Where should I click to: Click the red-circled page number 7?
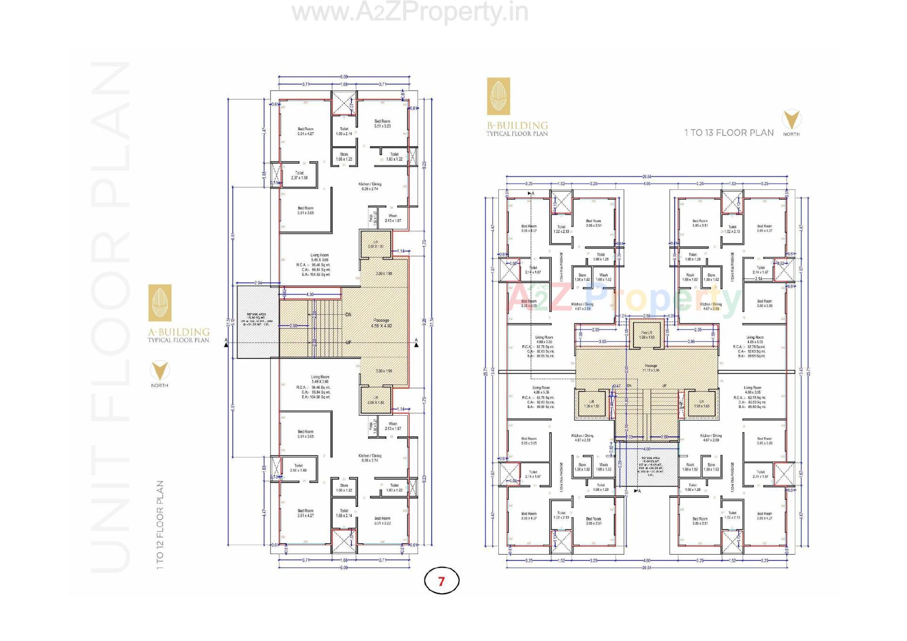click(x=441, y=581)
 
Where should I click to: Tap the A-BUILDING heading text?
click(x=179, y=332)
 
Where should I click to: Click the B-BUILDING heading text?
click(x=517, y=126)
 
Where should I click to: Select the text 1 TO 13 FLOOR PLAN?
click(x=729, y=133)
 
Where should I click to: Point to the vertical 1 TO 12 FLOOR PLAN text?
click(x=160, y=524)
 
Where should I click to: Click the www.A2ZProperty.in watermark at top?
click(x=410, y=13)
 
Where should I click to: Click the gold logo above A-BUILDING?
click(x=160, y=303)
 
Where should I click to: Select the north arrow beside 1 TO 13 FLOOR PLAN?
click(x=791, y=120)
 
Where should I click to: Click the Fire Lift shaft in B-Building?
click(x=646, y=334)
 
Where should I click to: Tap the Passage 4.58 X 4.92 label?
click(x=381, y=323)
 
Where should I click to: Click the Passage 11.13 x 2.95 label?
click(x=650, y=368)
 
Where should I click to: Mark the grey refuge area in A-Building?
click(x=257, y=322)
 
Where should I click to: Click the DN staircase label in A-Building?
click(x=348, y=315)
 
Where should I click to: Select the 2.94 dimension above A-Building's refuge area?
click(x=258, y=283)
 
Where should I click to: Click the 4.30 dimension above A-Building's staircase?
click(x=310, y=294)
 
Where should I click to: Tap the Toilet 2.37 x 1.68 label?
click(x=299, y=175)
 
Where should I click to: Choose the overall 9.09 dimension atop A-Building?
click(x=344, y=77)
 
